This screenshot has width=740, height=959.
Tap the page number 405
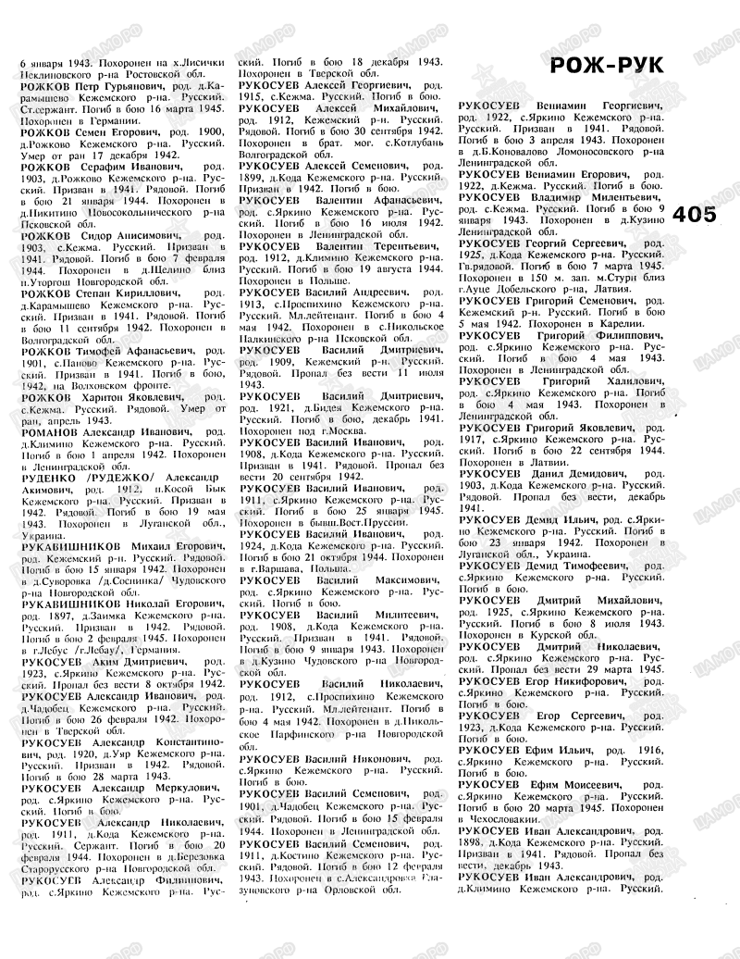pyautogui.click(x=695, y=215)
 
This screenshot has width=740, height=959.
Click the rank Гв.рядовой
pyautogui.click(x=487, y=264)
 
